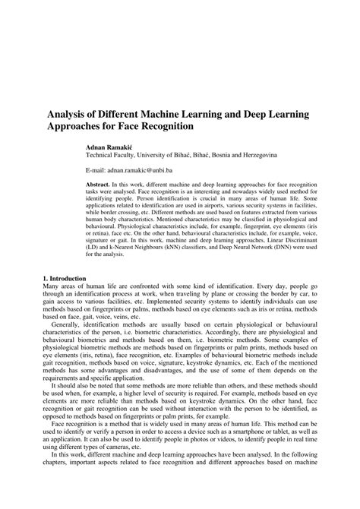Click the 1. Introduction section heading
65,278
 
